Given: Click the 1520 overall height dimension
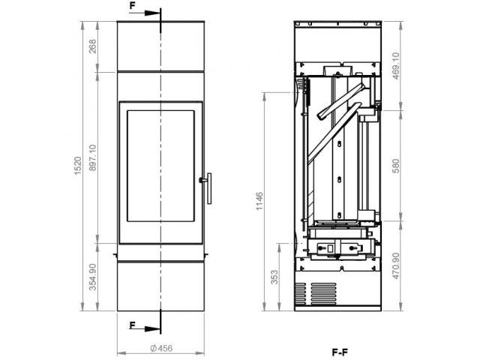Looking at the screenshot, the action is click(x=78, y=166).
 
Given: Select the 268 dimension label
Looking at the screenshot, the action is click(x=92, y=46).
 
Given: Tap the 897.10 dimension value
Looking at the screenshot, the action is click(x=92, y=157).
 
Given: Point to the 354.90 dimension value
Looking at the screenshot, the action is click(x=92, y=277).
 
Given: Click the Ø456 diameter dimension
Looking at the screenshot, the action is click(x=161, y=348).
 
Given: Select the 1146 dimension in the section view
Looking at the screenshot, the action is click(x=259, y=201).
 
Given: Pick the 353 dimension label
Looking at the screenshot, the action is click(x=275, y=277).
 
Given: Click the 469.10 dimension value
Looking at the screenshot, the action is click(x=396, y=66).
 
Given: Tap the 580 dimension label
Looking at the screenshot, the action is click(x=396, y=166).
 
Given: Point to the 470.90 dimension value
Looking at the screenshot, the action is click(x=396, y=265).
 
